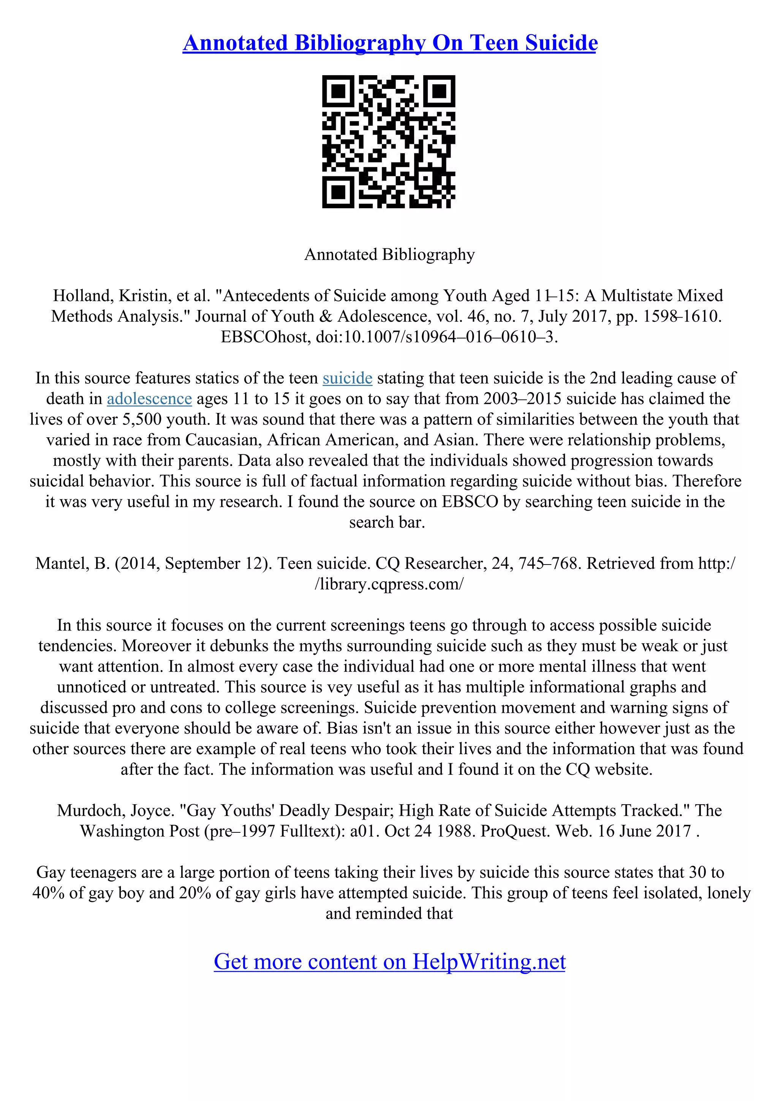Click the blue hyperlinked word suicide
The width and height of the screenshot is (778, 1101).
(347, 378)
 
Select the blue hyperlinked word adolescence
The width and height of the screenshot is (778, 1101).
(149, 399)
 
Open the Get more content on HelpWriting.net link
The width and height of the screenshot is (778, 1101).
(389, 962)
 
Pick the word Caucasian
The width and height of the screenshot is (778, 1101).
(221, 440)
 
